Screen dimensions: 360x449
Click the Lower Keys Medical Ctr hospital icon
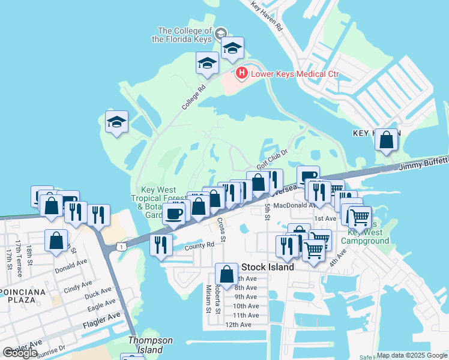click(241, 74)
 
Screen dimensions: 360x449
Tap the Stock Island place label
click(267, 267)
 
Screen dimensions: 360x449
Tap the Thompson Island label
click(150, 345)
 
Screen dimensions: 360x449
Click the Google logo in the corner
click(20, 353)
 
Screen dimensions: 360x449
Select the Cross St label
click(222, 230)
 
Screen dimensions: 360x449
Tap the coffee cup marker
click(175, 213)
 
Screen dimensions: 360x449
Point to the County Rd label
click(199, 245)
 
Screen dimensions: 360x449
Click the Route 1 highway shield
click(122, 247)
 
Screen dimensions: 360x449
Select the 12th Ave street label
click(238, 325)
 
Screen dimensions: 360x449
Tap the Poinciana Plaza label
click(22, 301)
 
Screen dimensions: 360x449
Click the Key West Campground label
click(365, 236)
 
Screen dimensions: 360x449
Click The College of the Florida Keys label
click(185, 35)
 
